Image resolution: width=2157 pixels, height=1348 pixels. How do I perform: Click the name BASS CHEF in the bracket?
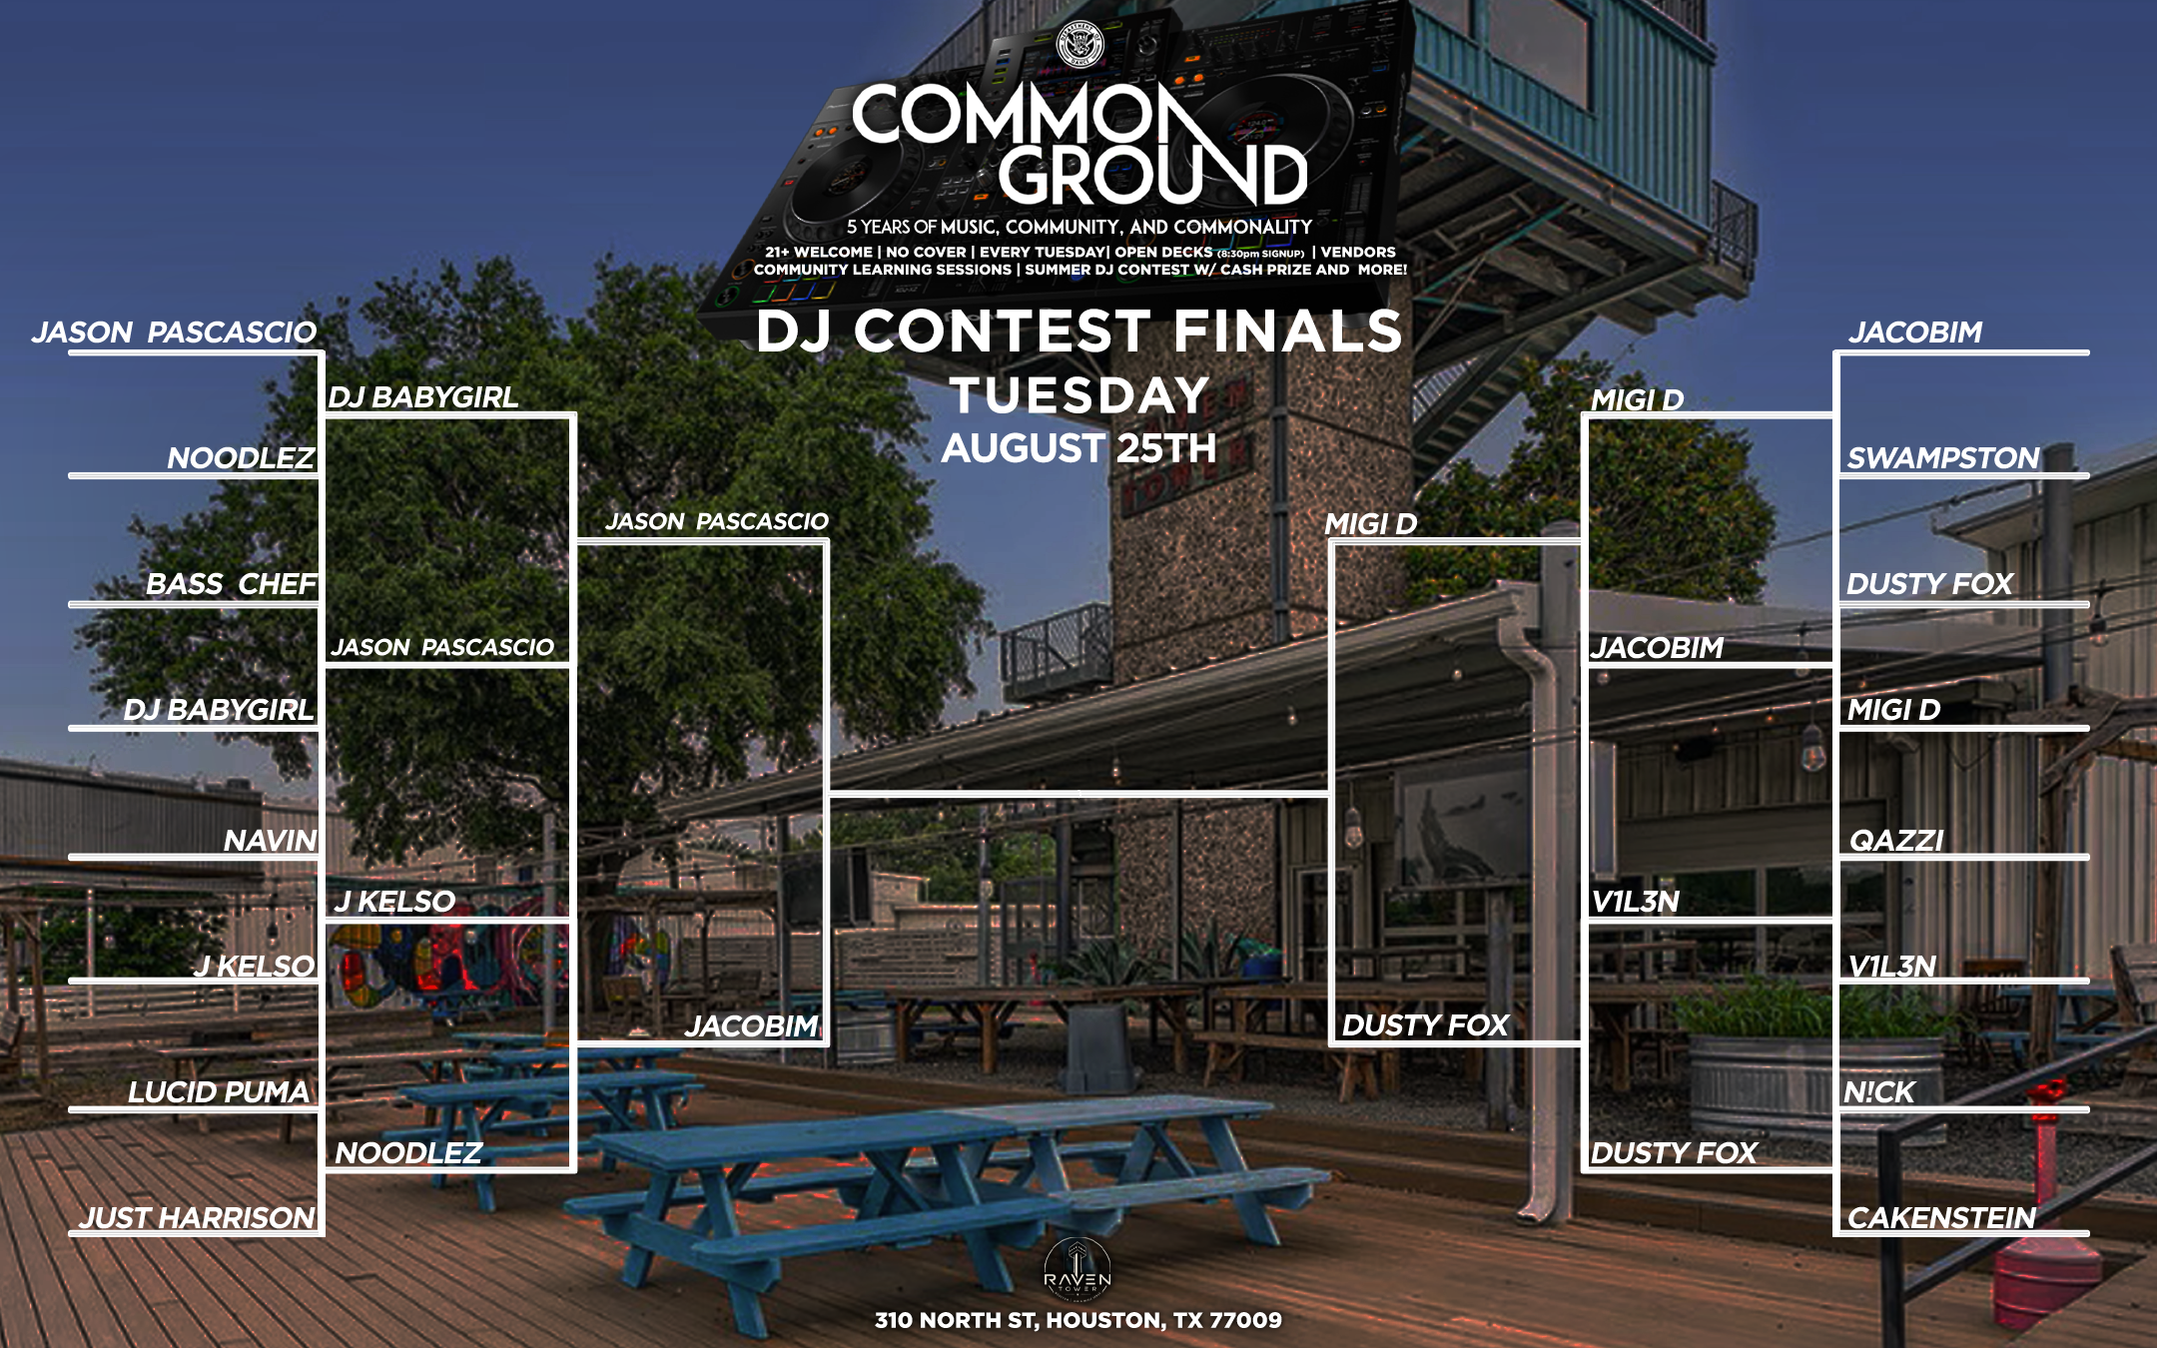click(x=232, y=584)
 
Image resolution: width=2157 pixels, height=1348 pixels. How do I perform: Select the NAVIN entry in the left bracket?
click(x=270, y=841)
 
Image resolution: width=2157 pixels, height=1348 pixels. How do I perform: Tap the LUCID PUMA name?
click(x=219, y=1092)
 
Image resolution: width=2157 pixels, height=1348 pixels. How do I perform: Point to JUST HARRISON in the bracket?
click(x=198, y=1218)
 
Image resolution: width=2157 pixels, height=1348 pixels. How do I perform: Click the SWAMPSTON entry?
click(x=1943, y=458)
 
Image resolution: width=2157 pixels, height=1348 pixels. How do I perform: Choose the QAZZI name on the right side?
click(x=1896, y=841)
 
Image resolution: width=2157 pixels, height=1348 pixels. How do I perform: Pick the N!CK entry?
click(x=1879, y=1092)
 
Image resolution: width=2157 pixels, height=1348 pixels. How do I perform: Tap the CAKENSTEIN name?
click(x=1941, y=1218)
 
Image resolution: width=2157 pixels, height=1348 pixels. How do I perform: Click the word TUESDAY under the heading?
click(x=1079, y=395)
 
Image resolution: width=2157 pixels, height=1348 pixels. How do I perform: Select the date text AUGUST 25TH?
click(x=1079, y=448)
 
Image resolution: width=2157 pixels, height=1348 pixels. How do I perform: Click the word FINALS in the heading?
click(x=1287, y=332)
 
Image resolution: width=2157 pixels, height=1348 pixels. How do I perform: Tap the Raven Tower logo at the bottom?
click(x=1078, y=1268)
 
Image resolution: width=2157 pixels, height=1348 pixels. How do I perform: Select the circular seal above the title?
click(x=1080, y=45)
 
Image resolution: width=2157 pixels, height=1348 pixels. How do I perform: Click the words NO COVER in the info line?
click(x=926, y=253)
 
